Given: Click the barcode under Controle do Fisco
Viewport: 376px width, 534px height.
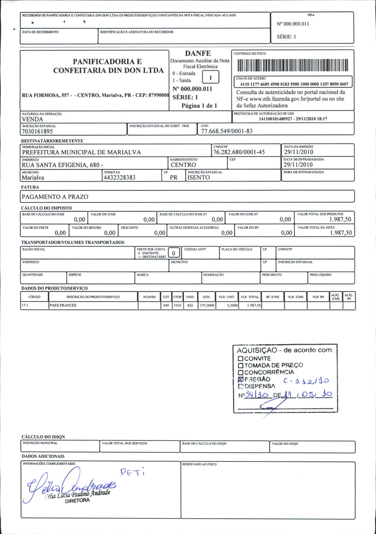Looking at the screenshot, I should click(x=293, y=65).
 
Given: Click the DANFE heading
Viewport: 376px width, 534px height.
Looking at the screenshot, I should click(x=198, y=54).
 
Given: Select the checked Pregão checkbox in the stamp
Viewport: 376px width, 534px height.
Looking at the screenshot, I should click(x=241, y=379).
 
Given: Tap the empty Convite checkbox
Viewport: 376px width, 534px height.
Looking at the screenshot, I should click(x=241, y=359).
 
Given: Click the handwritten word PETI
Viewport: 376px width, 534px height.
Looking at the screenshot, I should click(x=132, y=472).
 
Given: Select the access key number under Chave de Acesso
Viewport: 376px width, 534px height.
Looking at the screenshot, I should click(x=294, y=84).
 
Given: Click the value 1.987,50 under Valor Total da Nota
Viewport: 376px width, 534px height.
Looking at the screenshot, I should click(x=341, y=233).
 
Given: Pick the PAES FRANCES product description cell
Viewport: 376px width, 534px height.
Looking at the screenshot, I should click(x=63, y=305).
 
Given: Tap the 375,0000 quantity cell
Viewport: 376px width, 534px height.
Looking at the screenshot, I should click(x=207, y=305).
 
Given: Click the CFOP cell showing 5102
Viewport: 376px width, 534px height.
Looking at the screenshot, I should click(x=178, y=305).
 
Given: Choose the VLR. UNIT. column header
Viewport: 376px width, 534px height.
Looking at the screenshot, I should click(x=226, y=297).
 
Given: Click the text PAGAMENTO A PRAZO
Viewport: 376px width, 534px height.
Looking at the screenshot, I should click(x=55, y=197).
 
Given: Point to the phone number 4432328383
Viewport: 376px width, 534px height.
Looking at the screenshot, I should click(x=119, y=178).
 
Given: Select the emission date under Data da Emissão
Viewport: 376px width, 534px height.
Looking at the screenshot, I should click(x=298, y=152).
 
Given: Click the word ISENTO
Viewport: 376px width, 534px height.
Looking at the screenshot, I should click(x=199, y=178).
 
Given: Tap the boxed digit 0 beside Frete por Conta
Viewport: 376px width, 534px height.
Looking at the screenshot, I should click(x=173, y=253).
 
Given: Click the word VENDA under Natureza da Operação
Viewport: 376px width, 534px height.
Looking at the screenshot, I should click(x=32, y=119).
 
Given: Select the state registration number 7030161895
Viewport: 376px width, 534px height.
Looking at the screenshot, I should click(x=37, y=132).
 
